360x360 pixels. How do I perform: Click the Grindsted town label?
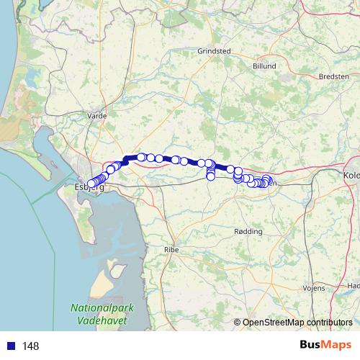coord(214,51)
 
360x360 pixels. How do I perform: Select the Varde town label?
coord(96,115)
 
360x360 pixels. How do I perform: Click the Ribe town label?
coord(171,248)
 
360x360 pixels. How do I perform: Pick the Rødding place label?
coord(249,232)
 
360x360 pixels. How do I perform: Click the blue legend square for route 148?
coord(11,346)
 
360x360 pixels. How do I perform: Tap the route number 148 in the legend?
coord(30,346)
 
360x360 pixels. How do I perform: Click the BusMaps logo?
coord(325,345)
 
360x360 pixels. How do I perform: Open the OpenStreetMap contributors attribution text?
coord(297,323)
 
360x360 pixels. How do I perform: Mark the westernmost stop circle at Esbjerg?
coord(90,184)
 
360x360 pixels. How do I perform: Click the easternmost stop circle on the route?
coord(269,181)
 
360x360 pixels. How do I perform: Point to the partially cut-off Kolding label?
coord(351,174)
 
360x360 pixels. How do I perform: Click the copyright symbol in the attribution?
coord(237,323)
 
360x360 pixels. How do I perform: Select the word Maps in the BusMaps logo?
coord(336,345)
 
